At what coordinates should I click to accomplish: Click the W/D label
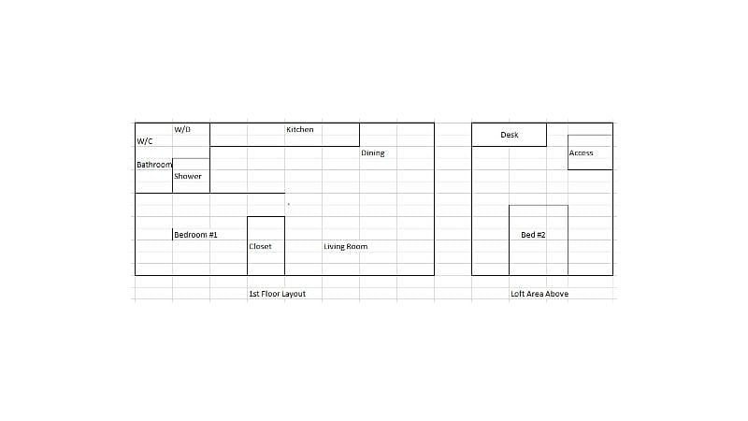pos(182,129)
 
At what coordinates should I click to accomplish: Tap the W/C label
pos(145,141)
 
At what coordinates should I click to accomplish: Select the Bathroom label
pos(154,165)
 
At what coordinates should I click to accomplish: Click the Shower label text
pos(188,176)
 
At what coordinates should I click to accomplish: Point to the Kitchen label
pos(300,129)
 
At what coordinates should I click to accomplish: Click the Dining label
pos(372,152)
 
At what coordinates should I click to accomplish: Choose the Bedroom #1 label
pos(195,235)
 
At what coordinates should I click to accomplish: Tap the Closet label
pos(260,246)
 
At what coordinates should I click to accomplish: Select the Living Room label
pos(345,246)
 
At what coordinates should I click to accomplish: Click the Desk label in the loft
pos(510,135)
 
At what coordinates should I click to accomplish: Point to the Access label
pos(581,152)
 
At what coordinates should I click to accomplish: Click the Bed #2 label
pos(533,235)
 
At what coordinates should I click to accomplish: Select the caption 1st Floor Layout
pos(277,294)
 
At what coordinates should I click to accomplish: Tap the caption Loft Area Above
pos(539,294)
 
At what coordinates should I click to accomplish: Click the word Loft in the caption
pos(517,294)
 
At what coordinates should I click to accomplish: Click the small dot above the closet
pos(289,204)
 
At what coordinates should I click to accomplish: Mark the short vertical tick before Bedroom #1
pos(173,235)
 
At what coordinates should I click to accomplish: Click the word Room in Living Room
pos(357,246)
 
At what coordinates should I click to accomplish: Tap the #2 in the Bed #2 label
pos(540,235)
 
